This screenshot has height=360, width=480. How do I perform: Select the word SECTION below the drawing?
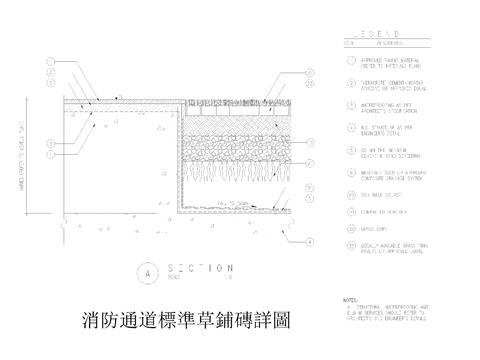coord(201,268)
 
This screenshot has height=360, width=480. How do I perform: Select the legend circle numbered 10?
coord(351,194)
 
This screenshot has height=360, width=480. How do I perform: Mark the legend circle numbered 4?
coord(351,126)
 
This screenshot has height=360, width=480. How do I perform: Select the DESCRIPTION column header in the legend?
coord(386,44)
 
